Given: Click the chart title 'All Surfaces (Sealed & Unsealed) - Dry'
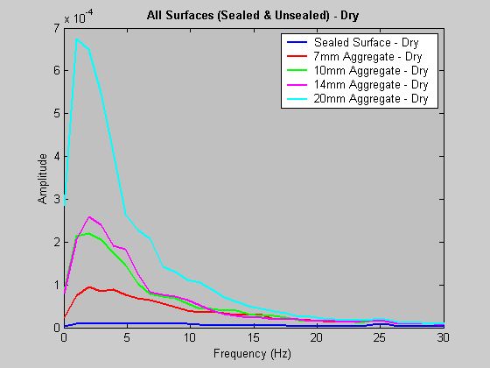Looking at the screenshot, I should tap(254, 16).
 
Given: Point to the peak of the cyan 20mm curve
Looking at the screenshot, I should tap(76, 39).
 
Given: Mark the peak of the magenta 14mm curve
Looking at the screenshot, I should tap(89, 216).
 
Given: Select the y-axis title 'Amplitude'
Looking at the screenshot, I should tap(43, 179).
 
